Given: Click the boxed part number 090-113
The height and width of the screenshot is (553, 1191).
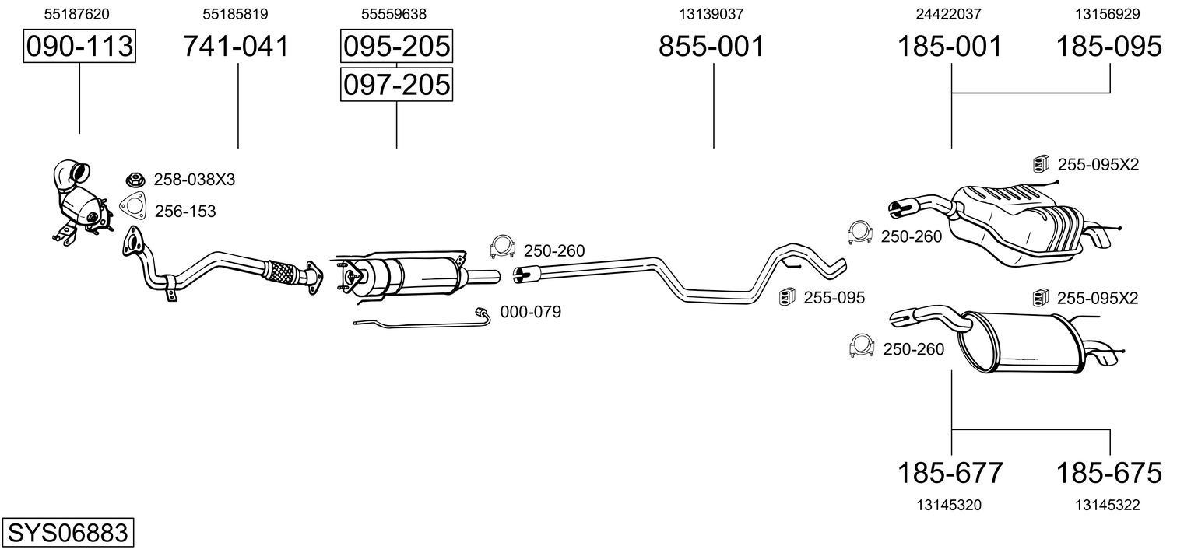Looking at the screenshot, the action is coord(79,46).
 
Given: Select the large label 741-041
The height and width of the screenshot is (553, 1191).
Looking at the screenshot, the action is coord(236,46).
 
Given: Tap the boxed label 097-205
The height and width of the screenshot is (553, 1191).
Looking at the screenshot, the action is coord(397,85).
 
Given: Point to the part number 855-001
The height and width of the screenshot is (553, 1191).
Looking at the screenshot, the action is coord(711,46).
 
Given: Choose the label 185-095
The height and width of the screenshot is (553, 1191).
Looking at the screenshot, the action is coord(1109,46).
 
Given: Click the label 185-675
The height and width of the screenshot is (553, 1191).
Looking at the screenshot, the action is coord(1109,473).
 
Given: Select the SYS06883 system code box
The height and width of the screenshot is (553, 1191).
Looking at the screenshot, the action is coord(68,532).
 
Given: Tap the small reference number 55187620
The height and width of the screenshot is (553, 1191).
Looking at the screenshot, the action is coord(76,14).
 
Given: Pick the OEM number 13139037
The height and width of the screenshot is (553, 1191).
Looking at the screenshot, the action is coord(711,14).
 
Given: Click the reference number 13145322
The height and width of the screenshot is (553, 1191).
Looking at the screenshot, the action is coord(1108,505).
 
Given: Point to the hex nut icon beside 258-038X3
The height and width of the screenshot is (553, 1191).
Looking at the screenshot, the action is coord(136,180).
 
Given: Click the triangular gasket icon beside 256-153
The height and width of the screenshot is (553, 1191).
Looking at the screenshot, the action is coord(133,208).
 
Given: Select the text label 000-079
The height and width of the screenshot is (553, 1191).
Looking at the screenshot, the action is coord(531,312).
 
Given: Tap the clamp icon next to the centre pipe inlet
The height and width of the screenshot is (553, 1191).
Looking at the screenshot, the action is coord(502,247).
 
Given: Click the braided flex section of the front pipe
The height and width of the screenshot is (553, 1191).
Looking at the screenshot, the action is coord(282,272).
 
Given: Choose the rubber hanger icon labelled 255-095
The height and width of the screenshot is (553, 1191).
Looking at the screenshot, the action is coord(786,297).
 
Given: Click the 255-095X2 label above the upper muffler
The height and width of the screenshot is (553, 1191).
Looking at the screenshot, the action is coord(1098,165).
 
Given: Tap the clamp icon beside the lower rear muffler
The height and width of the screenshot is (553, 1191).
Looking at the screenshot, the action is coord(862,346).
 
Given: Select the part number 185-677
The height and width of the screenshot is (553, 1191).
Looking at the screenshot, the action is coord(950,473).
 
